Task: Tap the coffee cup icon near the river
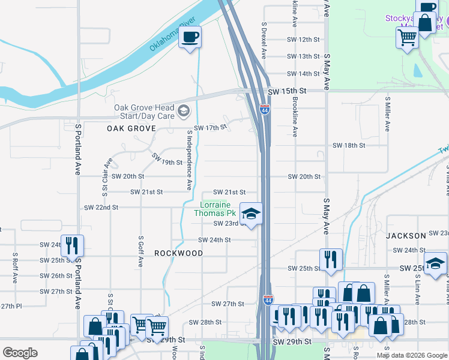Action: [x=190, y=38]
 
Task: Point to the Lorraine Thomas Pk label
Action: [x=218, y=209]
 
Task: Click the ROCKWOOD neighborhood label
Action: [x=178, y=253]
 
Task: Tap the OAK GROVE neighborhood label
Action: [x=131, y=128]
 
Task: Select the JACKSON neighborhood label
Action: [x=406, y=236]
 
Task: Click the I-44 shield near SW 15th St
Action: [x=265, y=109]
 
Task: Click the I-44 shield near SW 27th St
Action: [x=268, y=299]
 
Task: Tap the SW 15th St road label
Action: [x=287, y=91]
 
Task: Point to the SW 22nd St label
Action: [x=101, y=207]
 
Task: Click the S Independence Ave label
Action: [x=189, y=161]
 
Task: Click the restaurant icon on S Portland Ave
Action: [x=72, y=245]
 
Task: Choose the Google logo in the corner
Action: [x=20, y=353]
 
